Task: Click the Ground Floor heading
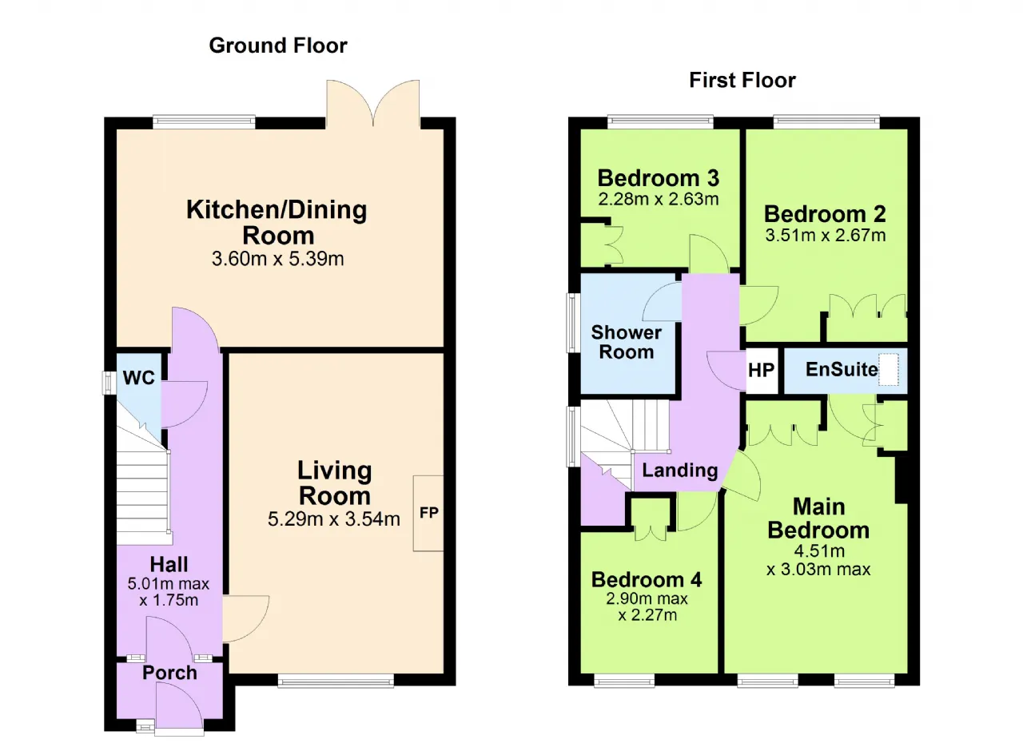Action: [x=278, y=46]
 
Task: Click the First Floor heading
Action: [x=742, y=81]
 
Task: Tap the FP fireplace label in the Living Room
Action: [x=429, y=513]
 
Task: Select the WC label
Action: [x=139, y=378]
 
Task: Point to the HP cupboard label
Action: [x=762, y=370]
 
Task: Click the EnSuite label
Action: [x=842, y=369]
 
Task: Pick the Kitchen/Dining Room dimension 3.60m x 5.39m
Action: [x=277, y=259]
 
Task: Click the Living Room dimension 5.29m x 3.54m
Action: [x=334, y=519]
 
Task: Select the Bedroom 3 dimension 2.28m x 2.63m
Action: [x=658, y=199]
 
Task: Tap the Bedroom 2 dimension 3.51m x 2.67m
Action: [x=826, y=235]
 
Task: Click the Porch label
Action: [x=169, y=673]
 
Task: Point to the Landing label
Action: [x=679, y=471]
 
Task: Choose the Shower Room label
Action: [x=626, y=342]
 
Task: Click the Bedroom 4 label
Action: [x=647, y=579]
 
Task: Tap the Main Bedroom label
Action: [x=818, y=519]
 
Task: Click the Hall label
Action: [x=169, y=565]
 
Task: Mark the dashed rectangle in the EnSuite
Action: [x=888, y=369]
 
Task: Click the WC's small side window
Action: [x=109, y=383]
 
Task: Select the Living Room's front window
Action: [x=336, y=681]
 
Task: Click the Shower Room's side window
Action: [x=573, y=323]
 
